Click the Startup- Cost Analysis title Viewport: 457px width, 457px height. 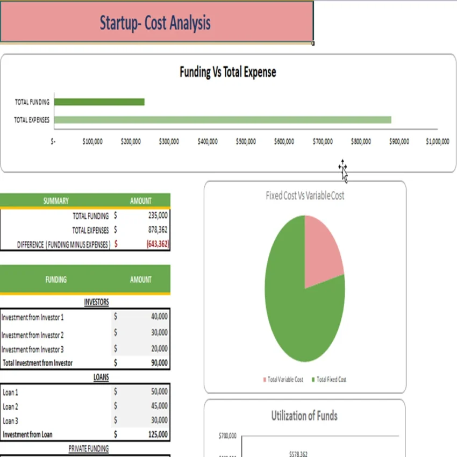tap(155, 23)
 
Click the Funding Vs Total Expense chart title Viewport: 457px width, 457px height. tap(227, 72)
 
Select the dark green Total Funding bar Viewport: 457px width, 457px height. tap(99, 102)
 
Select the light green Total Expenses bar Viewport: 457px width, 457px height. tap(223, 120)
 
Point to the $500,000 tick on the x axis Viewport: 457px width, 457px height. tap(246, 142)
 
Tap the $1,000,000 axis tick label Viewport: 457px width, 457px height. tap(437, 142)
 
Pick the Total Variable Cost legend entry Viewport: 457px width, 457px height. tap(283, 380)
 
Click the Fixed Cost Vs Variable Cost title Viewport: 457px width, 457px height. tap(305, 196)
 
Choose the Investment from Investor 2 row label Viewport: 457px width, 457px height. tap(33, 335)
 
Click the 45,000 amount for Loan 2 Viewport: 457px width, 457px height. tap(159, 406)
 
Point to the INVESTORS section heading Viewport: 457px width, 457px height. tap(96, 302)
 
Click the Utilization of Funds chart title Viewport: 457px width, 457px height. tap(304, 416)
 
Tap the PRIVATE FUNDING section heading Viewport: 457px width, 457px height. tap(89, 448)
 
